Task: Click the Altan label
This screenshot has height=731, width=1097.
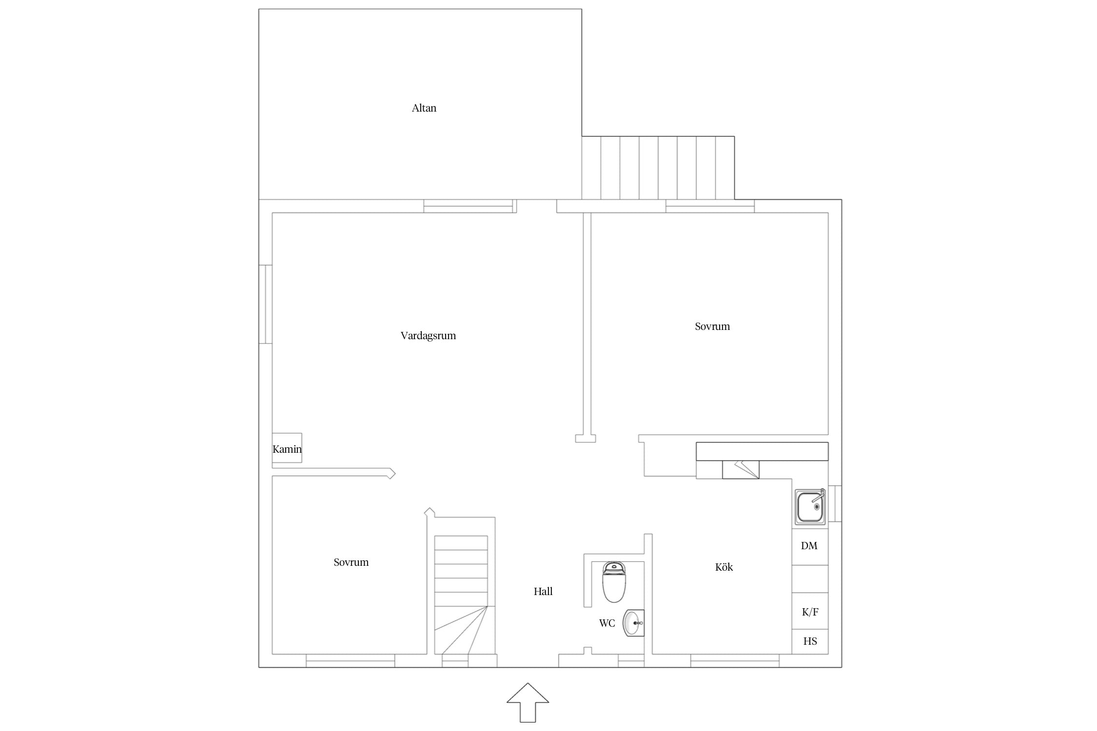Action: click(x=424, y=108)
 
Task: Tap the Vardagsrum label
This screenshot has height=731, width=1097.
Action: click(x=428, y=335)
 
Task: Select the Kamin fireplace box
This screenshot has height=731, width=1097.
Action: click(x=287, y=448)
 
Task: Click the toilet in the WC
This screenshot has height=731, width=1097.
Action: click(x=614, y=582)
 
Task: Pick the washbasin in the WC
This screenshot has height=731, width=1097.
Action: click(x=633, y=623)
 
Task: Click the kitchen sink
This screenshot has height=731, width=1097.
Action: click(x=810, y=506)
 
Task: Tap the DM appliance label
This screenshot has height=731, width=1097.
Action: click(x=809, y=546)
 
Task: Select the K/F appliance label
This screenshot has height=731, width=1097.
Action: click(x=810, y=612)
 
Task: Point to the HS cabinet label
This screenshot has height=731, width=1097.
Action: click(x=810, y=641)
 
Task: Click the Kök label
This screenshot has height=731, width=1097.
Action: click(x=724, y=567)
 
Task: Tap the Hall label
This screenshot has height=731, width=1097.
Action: click(x=543, y=591)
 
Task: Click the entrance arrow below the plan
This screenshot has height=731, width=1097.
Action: click(x=528, y=703)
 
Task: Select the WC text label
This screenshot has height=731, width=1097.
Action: click(x=607, y=623)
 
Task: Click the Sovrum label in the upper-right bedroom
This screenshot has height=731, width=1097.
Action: click(x=712, y=326)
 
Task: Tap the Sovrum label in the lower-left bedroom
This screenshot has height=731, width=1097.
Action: click(x=351, y=562)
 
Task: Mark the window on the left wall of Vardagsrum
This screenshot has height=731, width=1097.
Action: click(x=265, y=304)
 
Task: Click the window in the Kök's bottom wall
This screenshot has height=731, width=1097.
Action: click(x=735, y=660)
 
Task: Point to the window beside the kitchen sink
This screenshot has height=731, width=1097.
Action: click(x=835, y=503)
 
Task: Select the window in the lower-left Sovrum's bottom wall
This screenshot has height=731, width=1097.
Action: click(x=350, y=660)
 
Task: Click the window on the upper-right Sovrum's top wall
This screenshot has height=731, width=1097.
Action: click(x=710, y=206)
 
